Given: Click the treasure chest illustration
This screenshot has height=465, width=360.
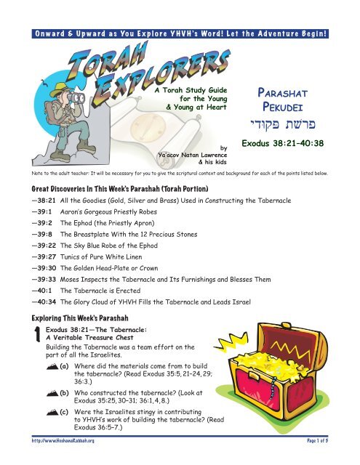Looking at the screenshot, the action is coord(305,381).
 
